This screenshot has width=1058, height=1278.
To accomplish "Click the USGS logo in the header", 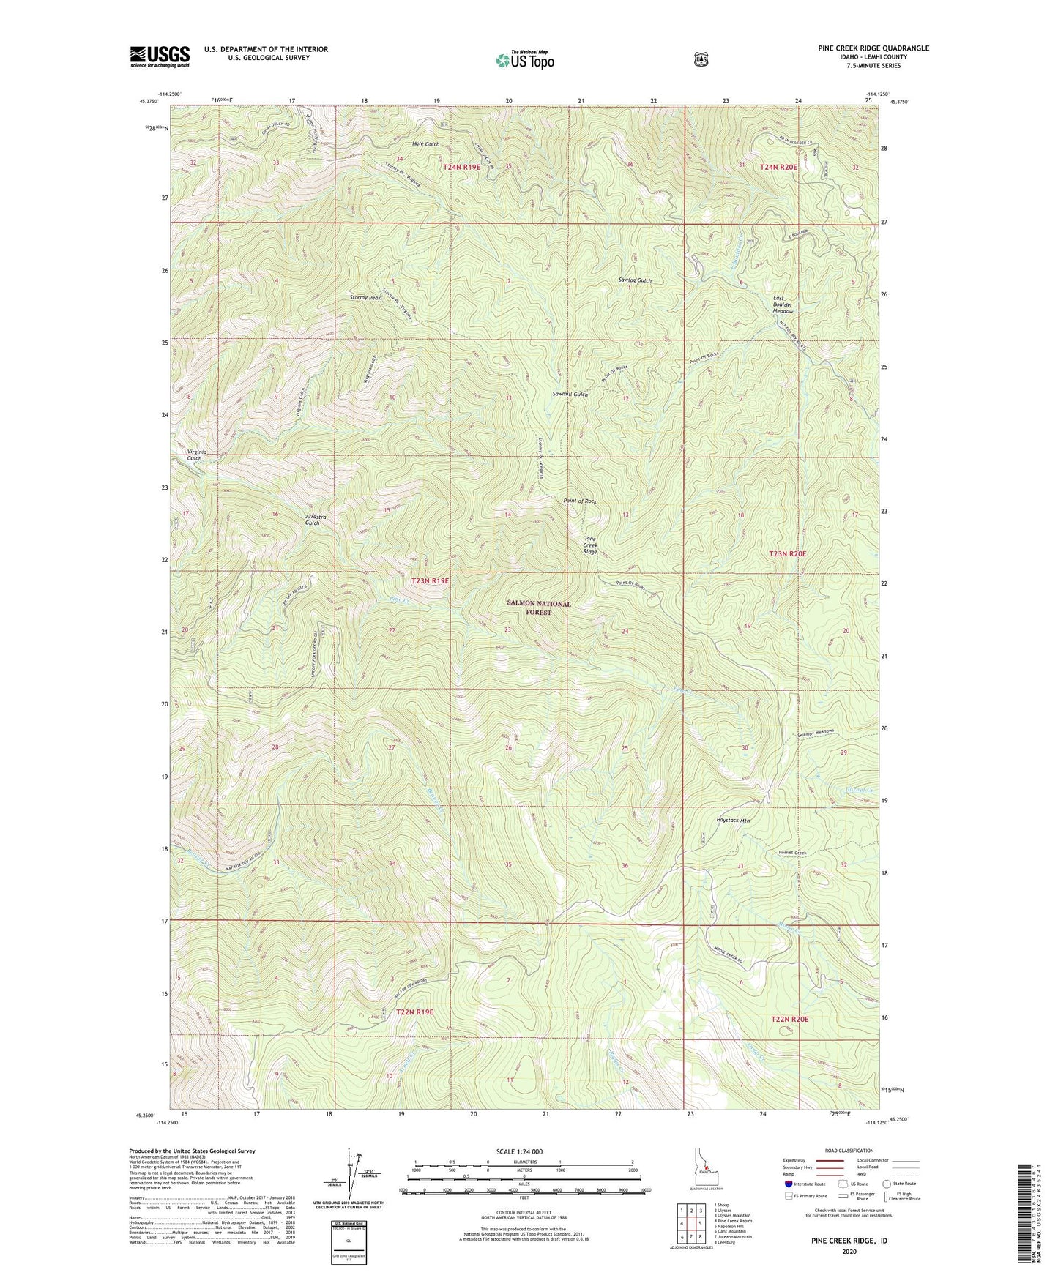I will point(160,56).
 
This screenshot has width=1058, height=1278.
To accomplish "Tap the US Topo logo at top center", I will point(524,59).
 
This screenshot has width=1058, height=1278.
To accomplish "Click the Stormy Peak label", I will point(365,298).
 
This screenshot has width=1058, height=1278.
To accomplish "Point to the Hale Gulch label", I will point(425,144).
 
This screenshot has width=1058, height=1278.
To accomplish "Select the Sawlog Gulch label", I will point(634,280).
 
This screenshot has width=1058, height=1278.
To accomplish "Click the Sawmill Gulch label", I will point(570,394).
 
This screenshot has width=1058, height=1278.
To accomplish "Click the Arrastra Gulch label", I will point(316,520).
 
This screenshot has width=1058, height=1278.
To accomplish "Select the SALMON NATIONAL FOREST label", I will point(538,608).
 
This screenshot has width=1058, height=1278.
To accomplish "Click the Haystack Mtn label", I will point(732,821).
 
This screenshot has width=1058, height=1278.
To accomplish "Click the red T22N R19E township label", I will point(414,1012).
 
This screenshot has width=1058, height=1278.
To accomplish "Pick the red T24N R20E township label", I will point(778,167).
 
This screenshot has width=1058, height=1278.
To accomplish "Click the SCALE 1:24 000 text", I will point(519,1151).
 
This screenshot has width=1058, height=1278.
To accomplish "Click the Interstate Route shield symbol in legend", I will point(788,1183).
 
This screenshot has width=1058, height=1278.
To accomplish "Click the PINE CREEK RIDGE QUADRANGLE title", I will point(873,48).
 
